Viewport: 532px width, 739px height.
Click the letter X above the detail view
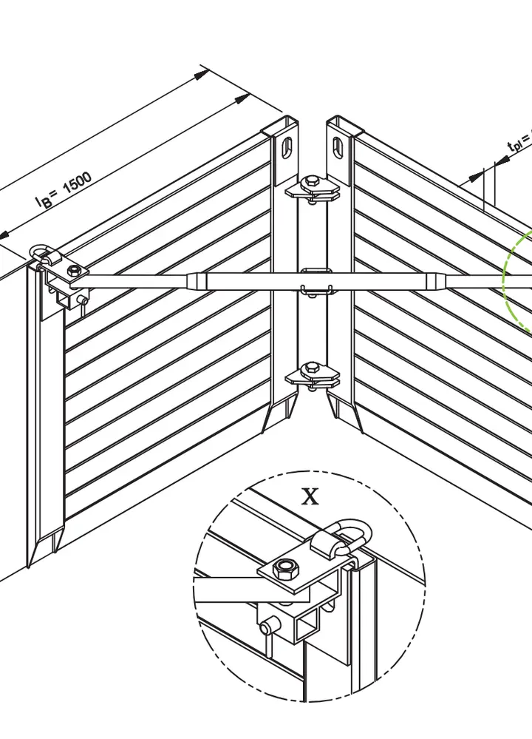tap(310, 496)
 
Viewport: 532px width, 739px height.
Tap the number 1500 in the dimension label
tap(76, 183)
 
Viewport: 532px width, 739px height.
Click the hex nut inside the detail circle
tap(284, 569)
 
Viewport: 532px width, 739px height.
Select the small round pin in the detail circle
tap(266, 629)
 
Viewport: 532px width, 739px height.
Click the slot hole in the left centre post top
tap(286, 146)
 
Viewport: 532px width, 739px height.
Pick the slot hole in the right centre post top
tap(339, 145)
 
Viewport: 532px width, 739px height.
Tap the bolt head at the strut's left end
tap(74, 272)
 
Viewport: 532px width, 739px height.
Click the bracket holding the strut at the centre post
tap(313, 281)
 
